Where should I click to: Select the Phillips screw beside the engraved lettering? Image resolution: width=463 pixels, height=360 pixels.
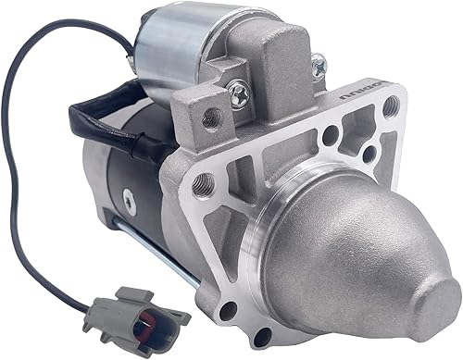tap(319, 64)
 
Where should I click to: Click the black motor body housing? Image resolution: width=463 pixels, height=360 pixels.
tap(120, 185)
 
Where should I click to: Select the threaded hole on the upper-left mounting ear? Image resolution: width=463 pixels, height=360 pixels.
tap(212, 117)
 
